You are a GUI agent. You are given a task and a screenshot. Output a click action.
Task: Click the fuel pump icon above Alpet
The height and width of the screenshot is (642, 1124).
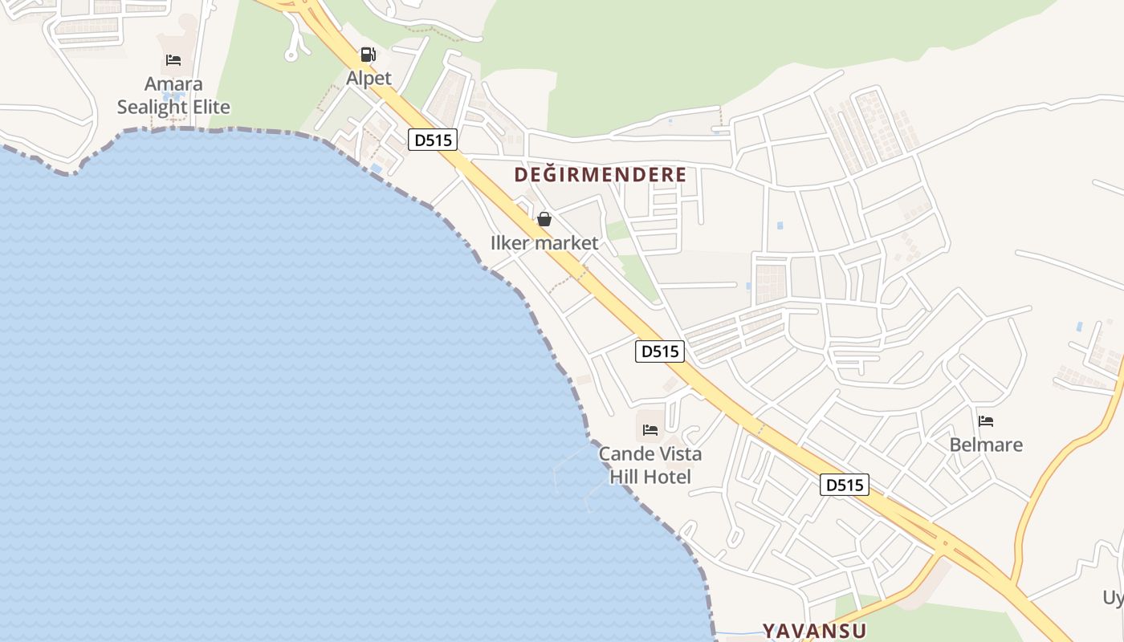368,55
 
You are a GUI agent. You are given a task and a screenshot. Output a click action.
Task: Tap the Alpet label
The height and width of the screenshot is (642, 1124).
369,78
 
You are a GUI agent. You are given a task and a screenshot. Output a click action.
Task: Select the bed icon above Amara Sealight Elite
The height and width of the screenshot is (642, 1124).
173,60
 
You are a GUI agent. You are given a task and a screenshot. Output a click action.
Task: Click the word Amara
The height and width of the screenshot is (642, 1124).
173,84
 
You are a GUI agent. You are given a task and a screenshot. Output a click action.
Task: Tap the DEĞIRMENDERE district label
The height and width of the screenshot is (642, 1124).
601,174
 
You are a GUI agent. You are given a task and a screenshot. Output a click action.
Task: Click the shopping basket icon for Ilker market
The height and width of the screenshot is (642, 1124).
544,219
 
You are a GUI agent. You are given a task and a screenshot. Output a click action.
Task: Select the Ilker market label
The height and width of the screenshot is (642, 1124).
544,242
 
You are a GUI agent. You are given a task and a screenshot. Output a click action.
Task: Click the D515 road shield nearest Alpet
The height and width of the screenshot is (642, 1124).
433,140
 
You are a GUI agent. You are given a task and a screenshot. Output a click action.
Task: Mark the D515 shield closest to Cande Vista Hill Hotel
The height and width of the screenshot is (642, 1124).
660,351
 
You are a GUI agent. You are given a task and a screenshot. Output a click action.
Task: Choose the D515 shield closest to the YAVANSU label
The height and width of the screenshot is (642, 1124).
845,485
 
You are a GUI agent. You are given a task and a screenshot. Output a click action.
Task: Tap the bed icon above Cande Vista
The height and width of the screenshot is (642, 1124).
650,430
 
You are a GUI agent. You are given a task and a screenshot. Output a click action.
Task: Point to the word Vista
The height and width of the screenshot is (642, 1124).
680,454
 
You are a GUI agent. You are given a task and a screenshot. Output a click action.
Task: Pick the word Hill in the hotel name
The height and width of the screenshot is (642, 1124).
623,477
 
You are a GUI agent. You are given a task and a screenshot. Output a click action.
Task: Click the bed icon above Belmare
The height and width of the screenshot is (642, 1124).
986,421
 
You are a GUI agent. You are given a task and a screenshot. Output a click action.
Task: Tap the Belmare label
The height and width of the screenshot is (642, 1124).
986,445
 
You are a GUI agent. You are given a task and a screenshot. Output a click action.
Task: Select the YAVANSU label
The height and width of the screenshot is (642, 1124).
814,630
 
